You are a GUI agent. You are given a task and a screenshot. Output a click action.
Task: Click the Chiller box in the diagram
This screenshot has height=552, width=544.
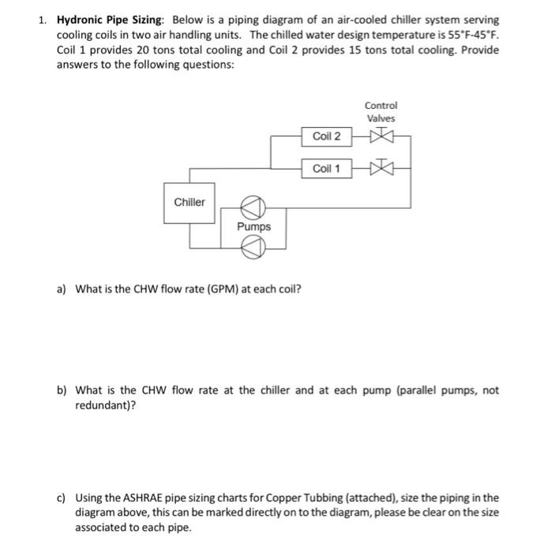(189, 203)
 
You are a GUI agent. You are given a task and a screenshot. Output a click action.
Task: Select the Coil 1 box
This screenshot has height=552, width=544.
(326, 169)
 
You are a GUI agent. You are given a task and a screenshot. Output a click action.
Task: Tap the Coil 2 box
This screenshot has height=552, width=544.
(326, 136)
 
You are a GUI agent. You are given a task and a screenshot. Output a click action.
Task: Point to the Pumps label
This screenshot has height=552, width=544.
(253, 227)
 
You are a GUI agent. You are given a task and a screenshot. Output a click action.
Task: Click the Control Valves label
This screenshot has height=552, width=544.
(381, 112)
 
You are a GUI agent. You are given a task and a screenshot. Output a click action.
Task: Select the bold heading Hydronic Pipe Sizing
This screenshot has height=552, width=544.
(114, 19)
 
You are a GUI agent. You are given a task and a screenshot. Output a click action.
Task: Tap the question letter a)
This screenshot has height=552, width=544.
(61, 288)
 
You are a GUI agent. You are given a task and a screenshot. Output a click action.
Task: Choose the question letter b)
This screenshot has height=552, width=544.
(61, 390)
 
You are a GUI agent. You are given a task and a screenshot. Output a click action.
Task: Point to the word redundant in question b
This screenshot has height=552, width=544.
(101, 404)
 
